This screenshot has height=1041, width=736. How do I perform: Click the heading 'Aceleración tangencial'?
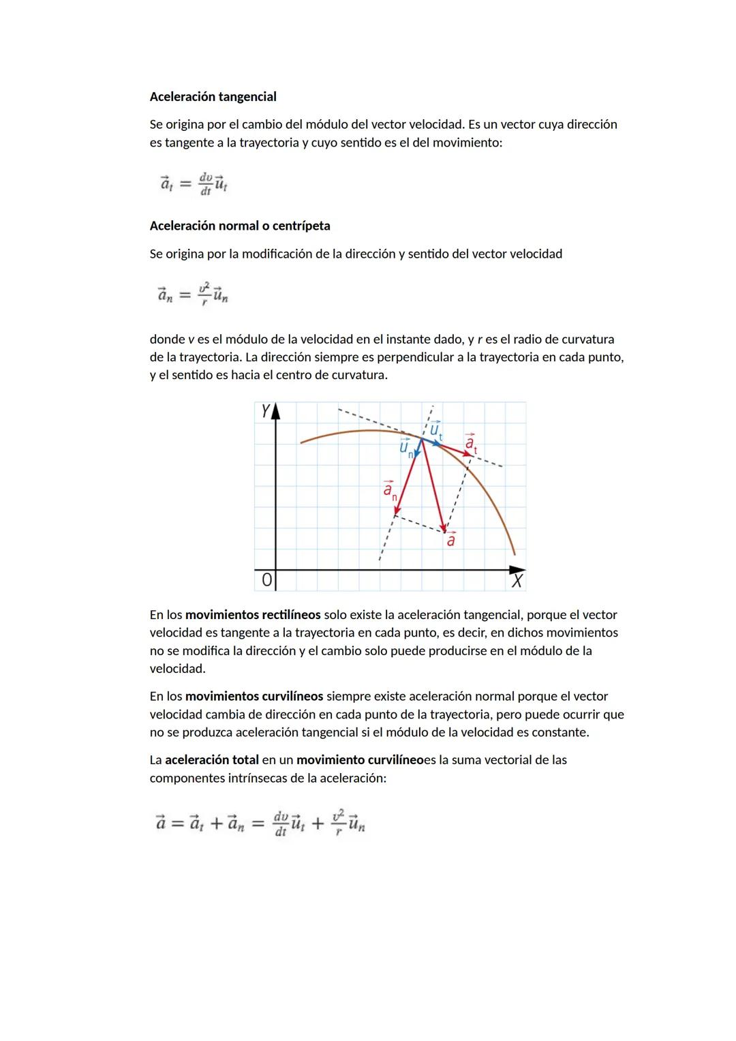(213, 97)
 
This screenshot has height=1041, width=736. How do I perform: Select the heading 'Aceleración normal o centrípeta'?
(239, 226)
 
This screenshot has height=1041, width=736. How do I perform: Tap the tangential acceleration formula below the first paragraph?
(194, 183)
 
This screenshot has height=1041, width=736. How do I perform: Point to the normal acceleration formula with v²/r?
(193, 295)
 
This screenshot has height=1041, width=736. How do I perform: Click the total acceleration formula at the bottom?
(260, 824)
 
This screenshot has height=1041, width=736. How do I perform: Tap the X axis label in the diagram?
(517, 581)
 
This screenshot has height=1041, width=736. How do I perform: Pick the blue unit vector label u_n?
(406, 448)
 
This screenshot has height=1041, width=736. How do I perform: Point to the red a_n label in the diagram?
(389, 490)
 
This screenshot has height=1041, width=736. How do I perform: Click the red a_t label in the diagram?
(470, 443)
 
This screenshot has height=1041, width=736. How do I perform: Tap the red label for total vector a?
(450, 541)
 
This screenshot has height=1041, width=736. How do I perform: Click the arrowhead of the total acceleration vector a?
(444, 529)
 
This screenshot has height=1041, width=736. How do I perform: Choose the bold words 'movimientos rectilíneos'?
(253, 615)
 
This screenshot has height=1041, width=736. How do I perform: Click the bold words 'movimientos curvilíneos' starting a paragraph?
(254, 697)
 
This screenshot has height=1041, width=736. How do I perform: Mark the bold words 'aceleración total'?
(212, 760)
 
